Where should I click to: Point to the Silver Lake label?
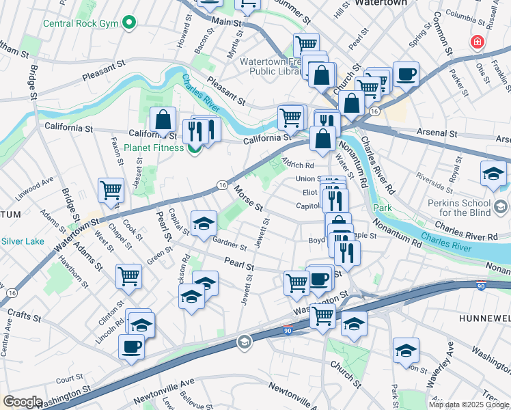[x=23, y=241]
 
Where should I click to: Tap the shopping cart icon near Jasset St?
[x=111, y=191]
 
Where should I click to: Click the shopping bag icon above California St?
[x=163, y=120]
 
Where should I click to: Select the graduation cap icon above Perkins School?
[x=493, y=174]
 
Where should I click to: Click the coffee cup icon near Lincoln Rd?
[x=131, y=345]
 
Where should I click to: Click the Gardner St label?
[x=230, y=243]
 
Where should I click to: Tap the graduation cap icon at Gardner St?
[x=204, y=223]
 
